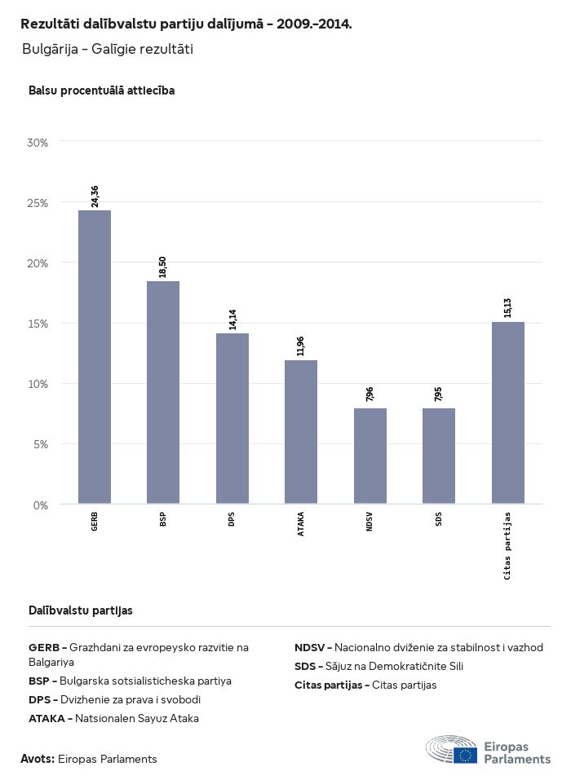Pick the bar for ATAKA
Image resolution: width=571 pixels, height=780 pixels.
(x=301, y=432)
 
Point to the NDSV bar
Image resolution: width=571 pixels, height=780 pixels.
(x=370, y=456)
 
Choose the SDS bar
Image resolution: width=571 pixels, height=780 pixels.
(x=439, y=456)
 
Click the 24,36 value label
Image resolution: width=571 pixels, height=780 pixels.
(x=95, y=196)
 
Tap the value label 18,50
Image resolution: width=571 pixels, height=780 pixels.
(x=163, y=267)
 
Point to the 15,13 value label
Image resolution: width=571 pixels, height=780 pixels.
(x=508, y=308)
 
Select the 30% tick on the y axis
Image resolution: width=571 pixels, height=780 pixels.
(x=38, y=143)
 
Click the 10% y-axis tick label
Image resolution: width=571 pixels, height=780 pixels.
(x=38, y=384)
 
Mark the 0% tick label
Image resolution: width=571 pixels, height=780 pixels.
(x=41, y=505)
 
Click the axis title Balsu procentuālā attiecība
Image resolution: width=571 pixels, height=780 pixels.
(x=101, y=90)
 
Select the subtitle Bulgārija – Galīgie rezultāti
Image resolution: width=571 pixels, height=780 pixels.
(x=107, y=50)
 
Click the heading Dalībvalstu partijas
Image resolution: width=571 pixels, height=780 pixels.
(x=81, y=610)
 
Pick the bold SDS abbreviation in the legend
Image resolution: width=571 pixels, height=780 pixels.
(x=305, y=666)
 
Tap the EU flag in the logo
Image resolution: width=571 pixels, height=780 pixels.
(x=466, y=755)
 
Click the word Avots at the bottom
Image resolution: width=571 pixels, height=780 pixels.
(x=38, y=759)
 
